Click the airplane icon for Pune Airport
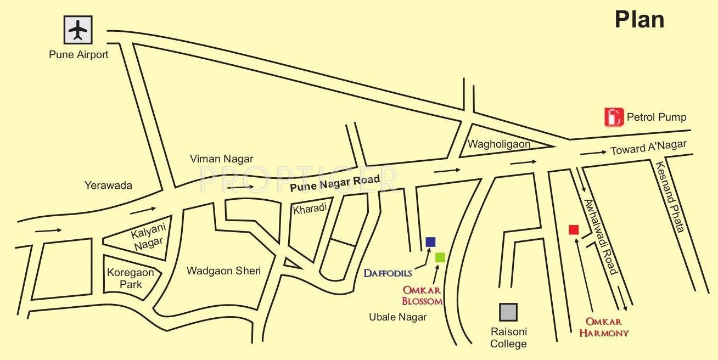(x=78, y=30)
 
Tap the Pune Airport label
(x=78, y=55)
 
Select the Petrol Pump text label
(x=657, y=117)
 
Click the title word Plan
(x=640, y=20)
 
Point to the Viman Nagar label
(x=222, y=159)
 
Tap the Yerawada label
(x=108, y=185)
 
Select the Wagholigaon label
(x=499, y=144)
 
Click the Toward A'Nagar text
(x=648, y=148)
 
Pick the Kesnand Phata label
(x=670, y=196)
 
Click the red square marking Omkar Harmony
(x=574, y=229)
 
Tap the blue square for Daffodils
(x=430, y=242)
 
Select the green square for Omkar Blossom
(x=440, y=257)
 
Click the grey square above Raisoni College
(x=508, y=312)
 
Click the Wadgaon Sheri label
(x=223, y=271)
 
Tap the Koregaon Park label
(x=131, y=278)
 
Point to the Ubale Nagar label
(x=398, y=317)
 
